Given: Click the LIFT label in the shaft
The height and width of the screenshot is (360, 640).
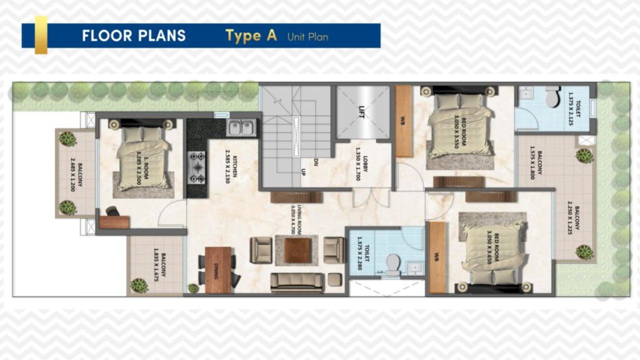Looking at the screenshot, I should pos(362,110).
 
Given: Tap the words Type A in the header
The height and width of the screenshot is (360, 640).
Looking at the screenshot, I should pos(250,36).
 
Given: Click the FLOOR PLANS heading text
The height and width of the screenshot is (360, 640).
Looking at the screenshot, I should pos(133,36).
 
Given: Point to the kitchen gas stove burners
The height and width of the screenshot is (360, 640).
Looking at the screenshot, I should pos(196,167).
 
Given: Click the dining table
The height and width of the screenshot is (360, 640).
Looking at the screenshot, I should pos(218,270).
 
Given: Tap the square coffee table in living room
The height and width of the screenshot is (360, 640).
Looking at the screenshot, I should pos(297,250).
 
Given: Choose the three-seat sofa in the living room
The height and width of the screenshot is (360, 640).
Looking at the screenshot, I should pos(296,282).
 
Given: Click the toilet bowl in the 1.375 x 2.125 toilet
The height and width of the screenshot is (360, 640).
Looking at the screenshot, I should pos(552,96).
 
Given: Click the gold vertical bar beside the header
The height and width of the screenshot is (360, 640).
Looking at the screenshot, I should pos(41,35).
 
